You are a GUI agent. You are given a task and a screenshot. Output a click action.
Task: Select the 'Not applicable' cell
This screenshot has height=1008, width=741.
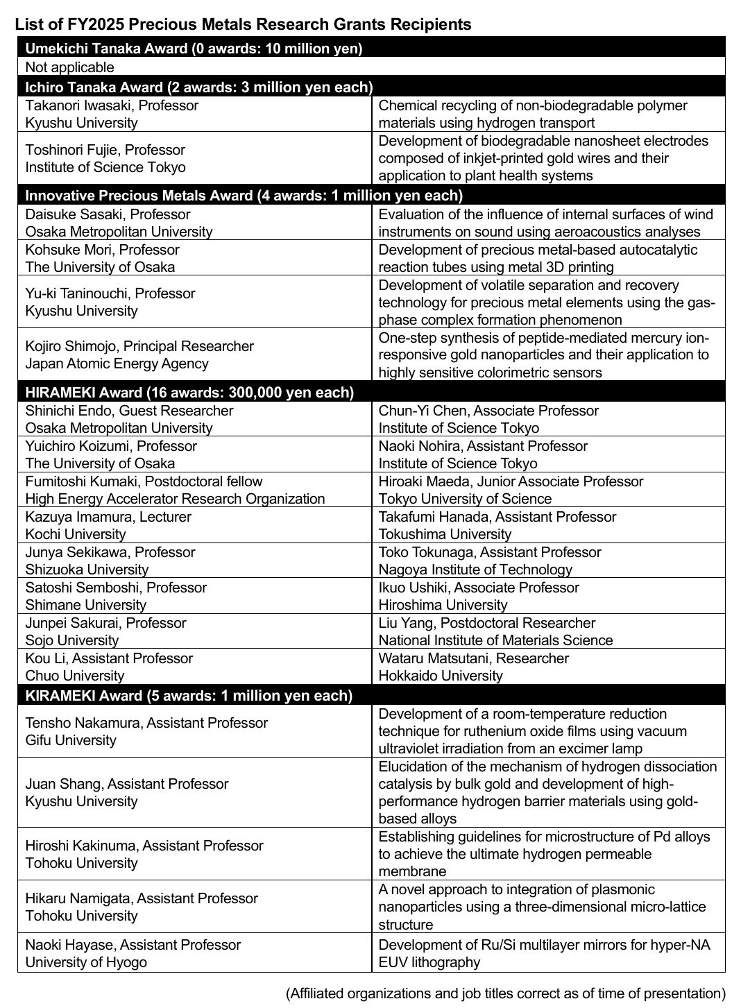pyautogui.click(x=69, y=67)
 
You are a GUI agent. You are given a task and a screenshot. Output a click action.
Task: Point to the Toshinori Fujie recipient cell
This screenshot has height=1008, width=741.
pyautogui.click(x=105, y=158)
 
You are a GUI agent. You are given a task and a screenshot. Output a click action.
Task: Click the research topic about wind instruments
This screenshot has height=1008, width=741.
pyautogui.click(x=545, y=223)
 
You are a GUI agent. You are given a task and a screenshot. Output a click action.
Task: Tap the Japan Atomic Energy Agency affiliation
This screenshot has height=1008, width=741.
pyautogui.click(x=117, y=364)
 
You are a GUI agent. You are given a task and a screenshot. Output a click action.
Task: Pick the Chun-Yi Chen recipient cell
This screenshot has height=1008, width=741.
pyautogui.click(x=488, y=419)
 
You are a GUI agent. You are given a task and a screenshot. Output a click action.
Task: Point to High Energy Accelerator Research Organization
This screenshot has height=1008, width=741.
pyautogui.click(x=175, y=499)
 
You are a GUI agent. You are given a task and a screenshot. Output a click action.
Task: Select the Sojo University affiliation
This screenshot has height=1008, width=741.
pyautogui.click(x=72, y=640)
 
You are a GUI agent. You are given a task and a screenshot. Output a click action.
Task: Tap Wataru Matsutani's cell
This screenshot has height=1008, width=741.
pyautogui.click(x=474, y=667)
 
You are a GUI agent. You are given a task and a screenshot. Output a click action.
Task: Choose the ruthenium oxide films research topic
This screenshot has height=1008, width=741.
pyautogui.click(x=532, y=731)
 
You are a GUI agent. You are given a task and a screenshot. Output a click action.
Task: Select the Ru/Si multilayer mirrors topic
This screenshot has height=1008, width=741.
pyautogui.click(x=544, y=953)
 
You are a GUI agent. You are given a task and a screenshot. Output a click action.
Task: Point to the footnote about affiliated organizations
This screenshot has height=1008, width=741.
pyautogui.click(x=505, y=993)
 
